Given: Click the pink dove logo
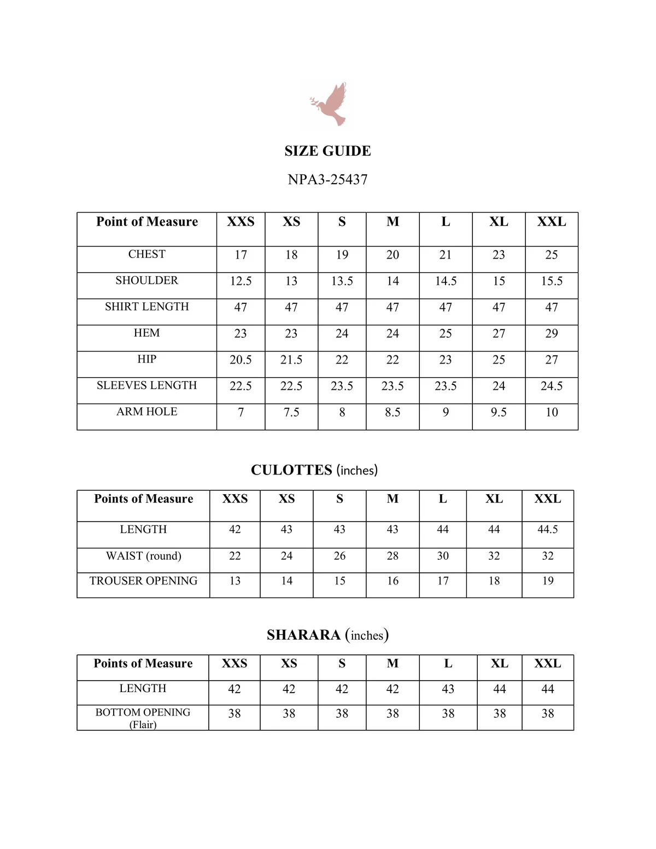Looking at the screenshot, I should pos(330,104).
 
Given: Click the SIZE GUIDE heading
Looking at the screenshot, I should pos(327,151).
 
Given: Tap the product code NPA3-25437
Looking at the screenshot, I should pos(327,179).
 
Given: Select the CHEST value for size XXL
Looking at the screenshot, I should pos(551,255).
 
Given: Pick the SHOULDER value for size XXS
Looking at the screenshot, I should pos(241,281).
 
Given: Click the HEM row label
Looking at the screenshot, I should pos(147,333).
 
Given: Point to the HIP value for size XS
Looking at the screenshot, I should pos(291,360).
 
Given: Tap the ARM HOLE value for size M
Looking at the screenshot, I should pos(393,412).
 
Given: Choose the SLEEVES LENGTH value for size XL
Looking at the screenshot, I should pos(499,386).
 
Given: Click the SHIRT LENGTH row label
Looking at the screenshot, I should pos(147,307).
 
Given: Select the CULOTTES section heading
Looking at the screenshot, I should pos(314,470).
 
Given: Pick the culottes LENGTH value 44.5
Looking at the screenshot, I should pos(547,529).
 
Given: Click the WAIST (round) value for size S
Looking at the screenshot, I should pos(339,556).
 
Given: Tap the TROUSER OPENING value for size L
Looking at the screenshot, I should pos(443,581).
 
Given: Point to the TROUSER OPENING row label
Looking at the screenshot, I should pos(143,581).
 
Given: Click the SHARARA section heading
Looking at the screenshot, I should pos(327,635).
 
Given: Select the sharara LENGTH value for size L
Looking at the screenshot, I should pos(448,689).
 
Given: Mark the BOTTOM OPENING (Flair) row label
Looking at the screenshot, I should pos(143,718).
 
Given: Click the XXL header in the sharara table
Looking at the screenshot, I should pos(547,663).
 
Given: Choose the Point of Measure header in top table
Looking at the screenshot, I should pos(147,221).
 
